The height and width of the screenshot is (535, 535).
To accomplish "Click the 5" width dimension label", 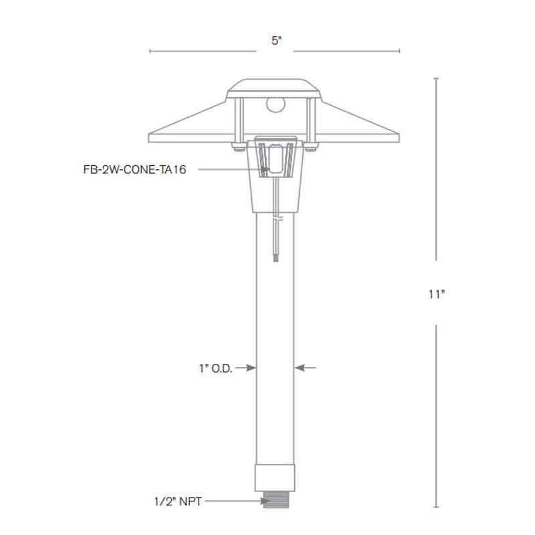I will click(x=276, y=41).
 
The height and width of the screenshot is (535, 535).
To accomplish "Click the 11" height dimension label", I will click(x=437, y=294).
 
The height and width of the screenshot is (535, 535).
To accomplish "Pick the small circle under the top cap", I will click(x=274, y=104).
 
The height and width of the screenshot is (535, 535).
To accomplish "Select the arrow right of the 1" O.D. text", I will click(x=250, y=367).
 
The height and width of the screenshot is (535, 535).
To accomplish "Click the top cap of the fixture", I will click(x=275, y=86).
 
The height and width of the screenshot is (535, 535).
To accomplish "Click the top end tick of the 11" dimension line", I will click(x=437, y=79).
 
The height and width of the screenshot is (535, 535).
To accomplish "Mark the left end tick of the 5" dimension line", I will click(x=149, y=51).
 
